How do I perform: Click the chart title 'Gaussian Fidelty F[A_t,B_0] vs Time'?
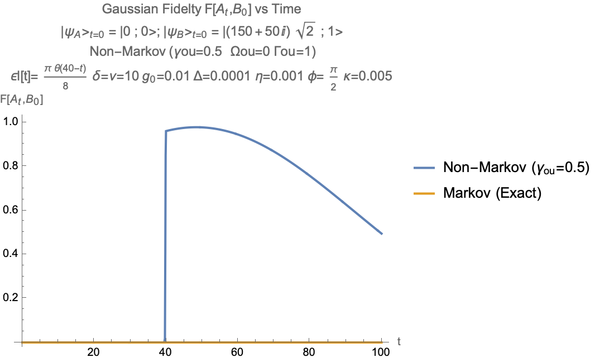tap(201, 9)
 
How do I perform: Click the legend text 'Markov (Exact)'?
tap(493, 193)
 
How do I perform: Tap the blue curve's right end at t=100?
tap(381, 234)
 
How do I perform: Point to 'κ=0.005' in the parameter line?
tap(368, 76)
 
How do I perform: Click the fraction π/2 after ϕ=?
tap(334, 77)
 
